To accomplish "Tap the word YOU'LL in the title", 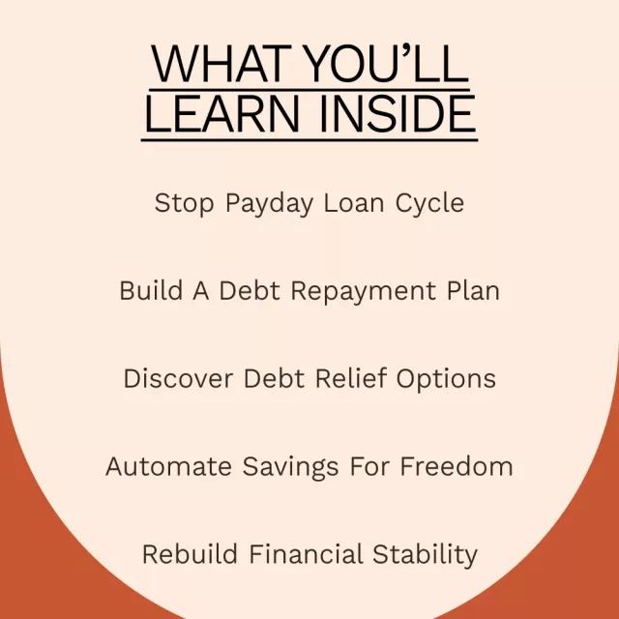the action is (387, 64).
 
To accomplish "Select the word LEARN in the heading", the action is (222, 114).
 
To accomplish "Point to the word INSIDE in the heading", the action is (398, 114).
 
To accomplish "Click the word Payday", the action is (270, 204).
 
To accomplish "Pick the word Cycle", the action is (429, 204).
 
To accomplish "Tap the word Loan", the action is (354, 203).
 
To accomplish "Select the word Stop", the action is (185, 204).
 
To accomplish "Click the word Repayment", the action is (364, 292).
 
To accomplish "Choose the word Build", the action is (151, 290).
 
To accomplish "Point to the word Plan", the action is (473, 290).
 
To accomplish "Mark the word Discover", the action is (178, 378).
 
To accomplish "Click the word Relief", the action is (350, 378).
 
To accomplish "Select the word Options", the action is (446, 380).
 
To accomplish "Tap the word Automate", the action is (168, 466).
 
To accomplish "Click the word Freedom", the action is (457, 466).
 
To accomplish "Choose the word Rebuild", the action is (190, 553).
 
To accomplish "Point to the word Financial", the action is (306, 553).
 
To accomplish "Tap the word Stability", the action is (426, 555).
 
